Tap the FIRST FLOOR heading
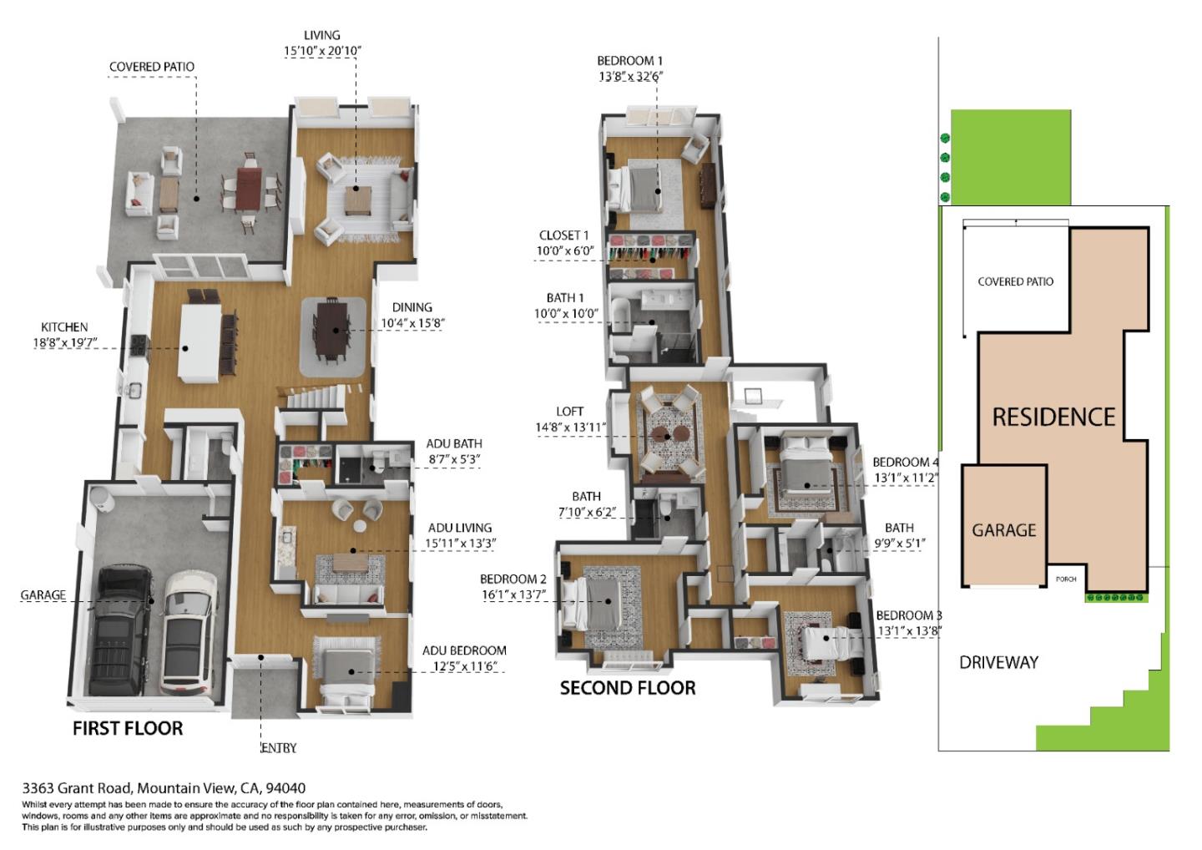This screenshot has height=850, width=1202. (x=128, y=728)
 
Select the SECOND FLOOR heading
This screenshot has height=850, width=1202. (x=627, y=688)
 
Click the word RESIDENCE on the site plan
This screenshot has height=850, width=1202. (x=1053, y=417)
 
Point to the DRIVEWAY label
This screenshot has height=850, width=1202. (x=998, y=663)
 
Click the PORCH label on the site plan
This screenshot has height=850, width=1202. (x=1066, y=579)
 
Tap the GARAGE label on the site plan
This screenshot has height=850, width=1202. (x=1003, y=530)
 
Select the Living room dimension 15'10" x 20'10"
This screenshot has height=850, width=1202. (x=322, y=51)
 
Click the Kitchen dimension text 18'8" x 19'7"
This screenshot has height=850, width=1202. (x=66, y=342)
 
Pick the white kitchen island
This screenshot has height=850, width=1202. (x=200, y=343)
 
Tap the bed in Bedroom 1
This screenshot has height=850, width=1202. (x=638, y=185)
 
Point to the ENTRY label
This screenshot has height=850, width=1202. (x=279, y=748)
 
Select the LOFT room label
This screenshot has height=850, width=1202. (x=569, y=412)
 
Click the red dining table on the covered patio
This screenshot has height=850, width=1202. (x=249, y=190)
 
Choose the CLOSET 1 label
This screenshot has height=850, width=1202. (x=563, y=235)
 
